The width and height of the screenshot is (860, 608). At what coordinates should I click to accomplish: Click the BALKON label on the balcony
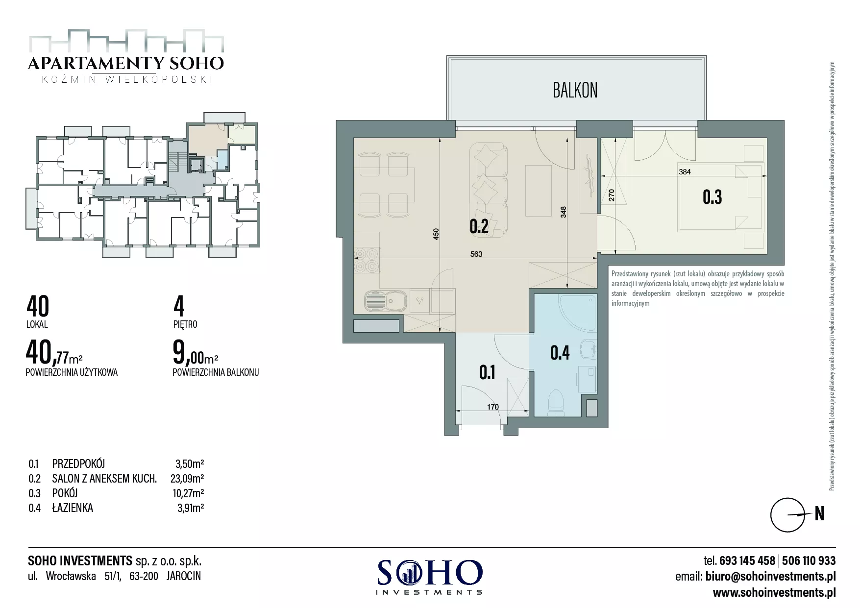[x=575, y=90]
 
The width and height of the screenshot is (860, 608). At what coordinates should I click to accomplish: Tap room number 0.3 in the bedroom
[x=712, y=197]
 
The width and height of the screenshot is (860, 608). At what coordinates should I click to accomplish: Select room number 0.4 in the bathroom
[x=560, y=352]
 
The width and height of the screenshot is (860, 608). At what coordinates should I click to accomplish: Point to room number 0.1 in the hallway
[x=487, y=373]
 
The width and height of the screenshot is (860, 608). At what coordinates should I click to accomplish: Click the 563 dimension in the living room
[x=476, y=254]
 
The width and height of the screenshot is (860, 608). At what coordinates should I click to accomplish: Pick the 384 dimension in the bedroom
[x=685, y=172]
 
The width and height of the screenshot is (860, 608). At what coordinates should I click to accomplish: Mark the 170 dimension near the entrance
[x=492, y=407]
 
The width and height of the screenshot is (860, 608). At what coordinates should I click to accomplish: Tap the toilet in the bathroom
[x=557, y=400]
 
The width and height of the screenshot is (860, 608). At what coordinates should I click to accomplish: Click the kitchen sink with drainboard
[x=385, y=300]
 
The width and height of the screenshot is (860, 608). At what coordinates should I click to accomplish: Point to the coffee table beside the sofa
[x=539, y=191]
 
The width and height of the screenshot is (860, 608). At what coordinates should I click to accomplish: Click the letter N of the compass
[x=819, y=513]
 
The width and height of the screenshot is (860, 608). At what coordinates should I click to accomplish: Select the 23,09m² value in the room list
[x=187, y=478]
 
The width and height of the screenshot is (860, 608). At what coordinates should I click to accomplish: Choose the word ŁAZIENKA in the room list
[x=73, y=508]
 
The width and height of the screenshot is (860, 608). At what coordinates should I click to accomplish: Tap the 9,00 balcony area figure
[x=188, y=353]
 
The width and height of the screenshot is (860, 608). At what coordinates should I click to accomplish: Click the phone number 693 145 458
[x=747, y=560]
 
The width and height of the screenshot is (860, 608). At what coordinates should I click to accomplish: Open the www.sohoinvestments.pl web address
[x=774, y=592]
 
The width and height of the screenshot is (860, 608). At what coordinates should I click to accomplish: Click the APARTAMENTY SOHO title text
[x=126, y=63]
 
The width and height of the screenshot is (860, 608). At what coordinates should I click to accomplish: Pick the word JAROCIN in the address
[x=184, y=576]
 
